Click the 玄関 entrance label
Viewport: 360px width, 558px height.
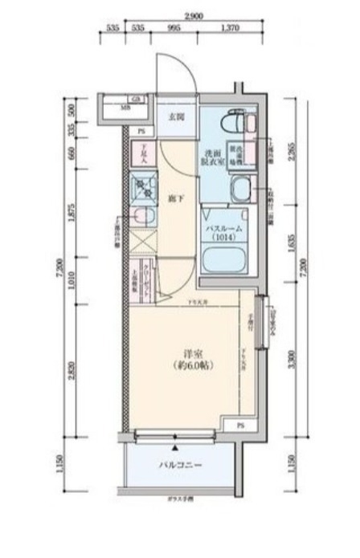176,116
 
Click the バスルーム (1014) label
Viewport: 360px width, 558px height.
226,232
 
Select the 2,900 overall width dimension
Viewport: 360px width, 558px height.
191,16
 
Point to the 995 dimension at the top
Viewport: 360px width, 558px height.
174,28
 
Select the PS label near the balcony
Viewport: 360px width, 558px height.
241,424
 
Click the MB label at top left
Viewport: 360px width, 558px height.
125,107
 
